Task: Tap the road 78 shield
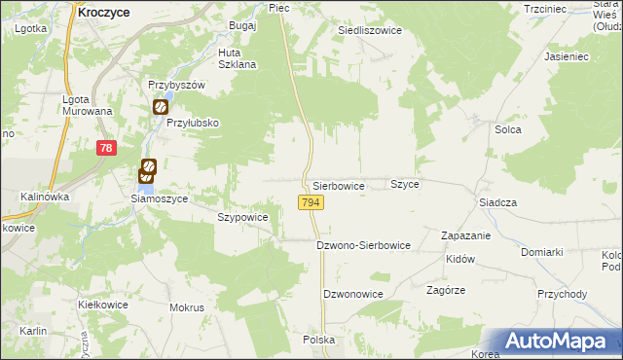[107, 148]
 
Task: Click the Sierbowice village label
[339, 185]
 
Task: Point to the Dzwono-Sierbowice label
[364, 245]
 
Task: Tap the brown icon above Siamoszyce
[148, 171]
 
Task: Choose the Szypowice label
[242, 218]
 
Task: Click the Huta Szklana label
[238, 58]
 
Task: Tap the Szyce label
[405, 184]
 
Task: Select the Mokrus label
[187, 307]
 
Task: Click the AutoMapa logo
[559, 341]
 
